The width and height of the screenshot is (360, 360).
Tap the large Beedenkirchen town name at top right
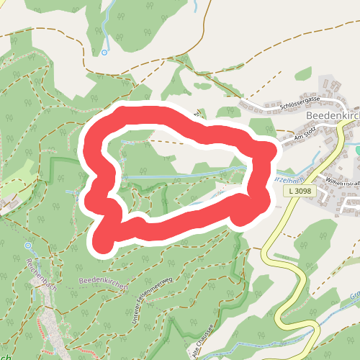(332, 115)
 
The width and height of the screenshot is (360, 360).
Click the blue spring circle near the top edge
(104, 52)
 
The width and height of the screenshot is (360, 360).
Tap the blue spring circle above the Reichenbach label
(27, 246)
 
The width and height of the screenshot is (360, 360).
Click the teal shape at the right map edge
(357, 150)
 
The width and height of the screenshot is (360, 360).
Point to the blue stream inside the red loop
(180, 175)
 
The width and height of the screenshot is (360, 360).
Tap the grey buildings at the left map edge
(6, 205)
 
